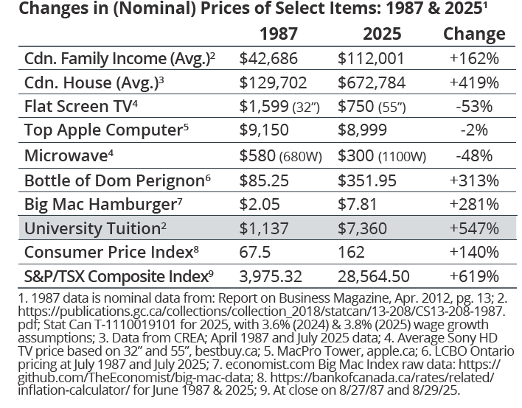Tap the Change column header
(x=474, y=34)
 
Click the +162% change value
(x=474, y=59)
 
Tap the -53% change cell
(x=474, y=107)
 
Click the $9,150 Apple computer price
(x=259, y=131)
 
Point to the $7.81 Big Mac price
(x=358, y=204)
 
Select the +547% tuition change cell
(x=474, y=228)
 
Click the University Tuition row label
(x=92, y=228)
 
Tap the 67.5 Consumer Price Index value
(x=254, y=253)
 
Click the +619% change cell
(x=474, y=277)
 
